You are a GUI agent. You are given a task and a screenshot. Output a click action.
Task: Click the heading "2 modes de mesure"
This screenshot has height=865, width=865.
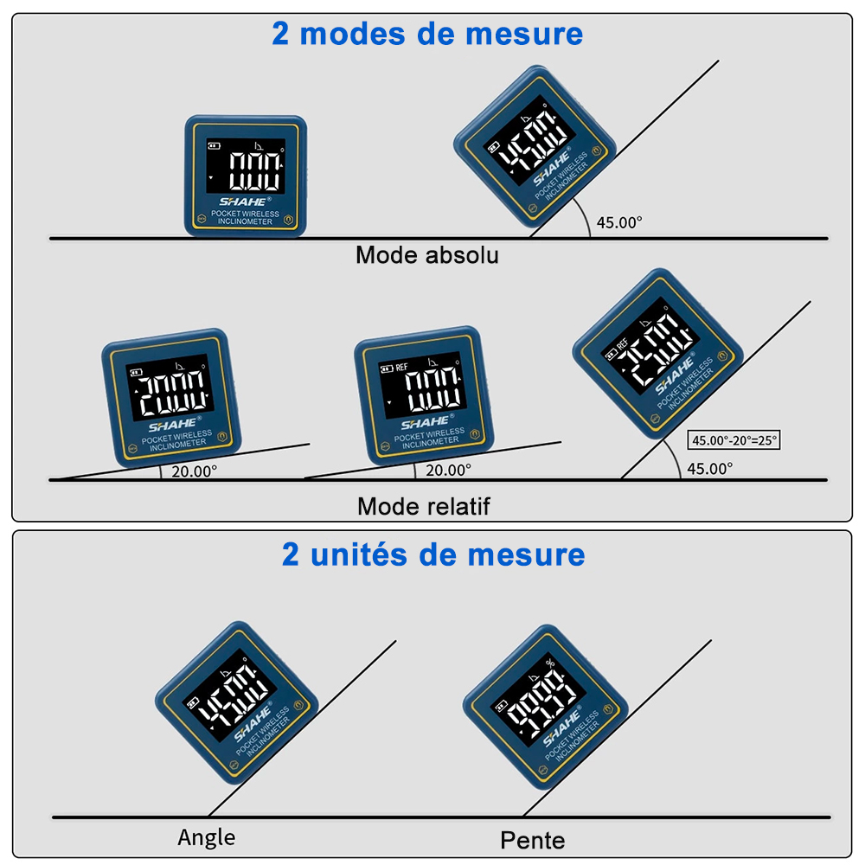427,34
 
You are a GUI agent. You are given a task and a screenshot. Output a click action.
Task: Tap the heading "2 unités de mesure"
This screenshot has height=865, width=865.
433,554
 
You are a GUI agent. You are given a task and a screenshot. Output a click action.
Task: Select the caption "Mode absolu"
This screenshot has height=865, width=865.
427,255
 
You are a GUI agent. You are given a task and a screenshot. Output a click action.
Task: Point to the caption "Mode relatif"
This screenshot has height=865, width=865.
424,506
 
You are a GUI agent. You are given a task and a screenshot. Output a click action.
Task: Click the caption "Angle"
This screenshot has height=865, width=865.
207,837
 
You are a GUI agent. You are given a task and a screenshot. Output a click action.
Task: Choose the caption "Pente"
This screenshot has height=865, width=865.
532,841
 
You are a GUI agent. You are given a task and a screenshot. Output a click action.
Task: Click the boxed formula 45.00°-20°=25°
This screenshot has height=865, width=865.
734,440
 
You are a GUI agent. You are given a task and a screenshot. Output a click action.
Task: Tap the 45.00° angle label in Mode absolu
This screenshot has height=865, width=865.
619,222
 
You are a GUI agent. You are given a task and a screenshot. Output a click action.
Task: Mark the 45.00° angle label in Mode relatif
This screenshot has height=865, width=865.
709,469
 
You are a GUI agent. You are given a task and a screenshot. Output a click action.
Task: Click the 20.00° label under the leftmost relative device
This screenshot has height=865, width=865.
194,471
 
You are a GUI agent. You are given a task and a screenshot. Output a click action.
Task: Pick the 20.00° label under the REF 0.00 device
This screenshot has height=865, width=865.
448,470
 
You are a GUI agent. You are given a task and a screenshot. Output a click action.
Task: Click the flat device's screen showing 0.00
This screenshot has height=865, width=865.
246,166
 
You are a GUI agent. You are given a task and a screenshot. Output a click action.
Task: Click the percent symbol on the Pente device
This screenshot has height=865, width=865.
550,663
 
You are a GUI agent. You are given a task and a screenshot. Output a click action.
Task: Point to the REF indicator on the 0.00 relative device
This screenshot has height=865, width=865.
401,367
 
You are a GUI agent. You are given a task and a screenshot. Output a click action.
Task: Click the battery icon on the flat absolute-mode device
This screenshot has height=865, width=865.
214,146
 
